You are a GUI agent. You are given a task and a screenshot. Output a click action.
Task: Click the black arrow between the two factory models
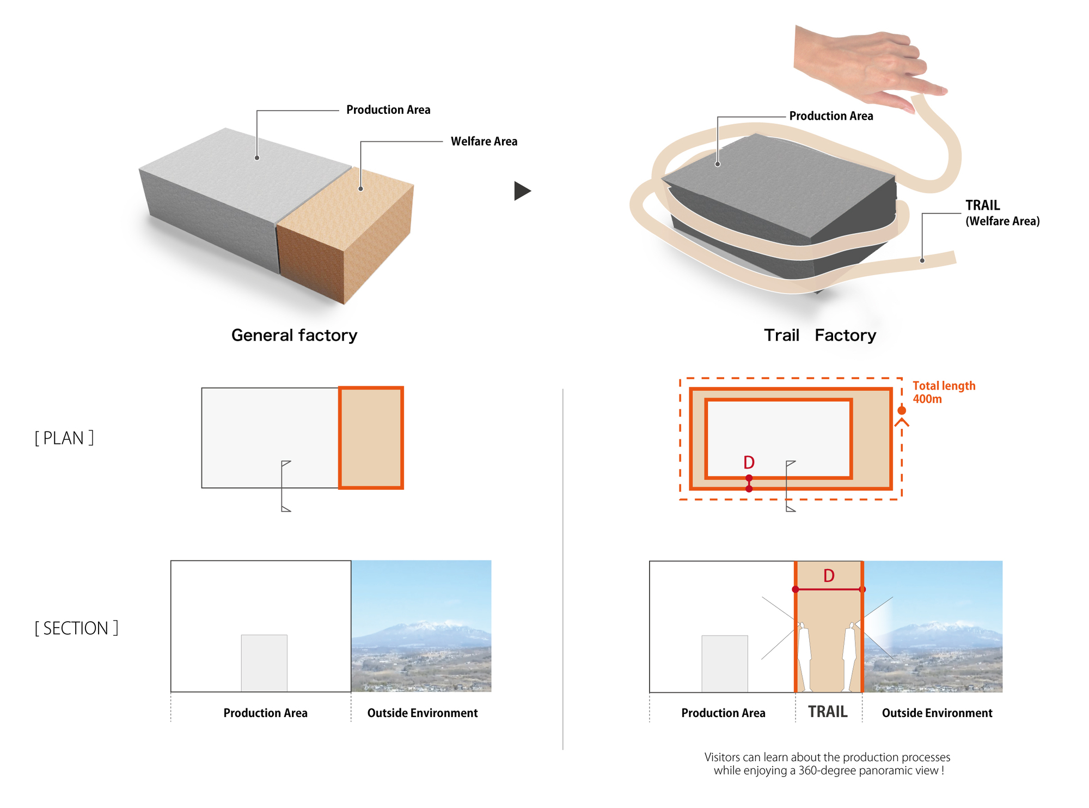click(522, 191)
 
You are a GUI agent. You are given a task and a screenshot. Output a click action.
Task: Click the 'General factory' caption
click(294, 335)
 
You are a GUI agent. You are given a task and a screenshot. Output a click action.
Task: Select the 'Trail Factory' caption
click(820, 335)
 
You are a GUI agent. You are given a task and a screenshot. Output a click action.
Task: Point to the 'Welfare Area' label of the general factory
click(484, 141)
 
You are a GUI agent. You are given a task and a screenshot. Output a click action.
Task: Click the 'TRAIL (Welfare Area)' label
click(1002, 212)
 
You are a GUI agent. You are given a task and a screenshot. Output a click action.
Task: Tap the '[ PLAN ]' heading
click(64, 438)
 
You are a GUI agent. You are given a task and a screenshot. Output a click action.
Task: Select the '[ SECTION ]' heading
click(76, 628)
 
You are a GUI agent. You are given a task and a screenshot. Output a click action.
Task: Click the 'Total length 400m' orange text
click(944, 392)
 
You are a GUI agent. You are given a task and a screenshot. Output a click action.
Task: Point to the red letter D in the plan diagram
click(749, 463)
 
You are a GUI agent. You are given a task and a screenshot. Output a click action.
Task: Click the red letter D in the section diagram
click(829, 576)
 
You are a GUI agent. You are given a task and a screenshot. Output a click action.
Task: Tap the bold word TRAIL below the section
click(828, 712)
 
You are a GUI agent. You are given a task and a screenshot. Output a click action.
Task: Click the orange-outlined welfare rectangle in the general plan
click(371, 438)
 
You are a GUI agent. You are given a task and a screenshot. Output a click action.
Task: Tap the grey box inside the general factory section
click(264, 663)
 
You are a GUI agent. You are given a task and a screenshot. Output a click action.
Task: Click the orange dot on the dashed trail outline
click(902, 410)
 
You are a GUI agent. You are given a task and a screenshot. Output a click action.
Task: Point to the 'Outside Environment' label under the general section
click(423, 713)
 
